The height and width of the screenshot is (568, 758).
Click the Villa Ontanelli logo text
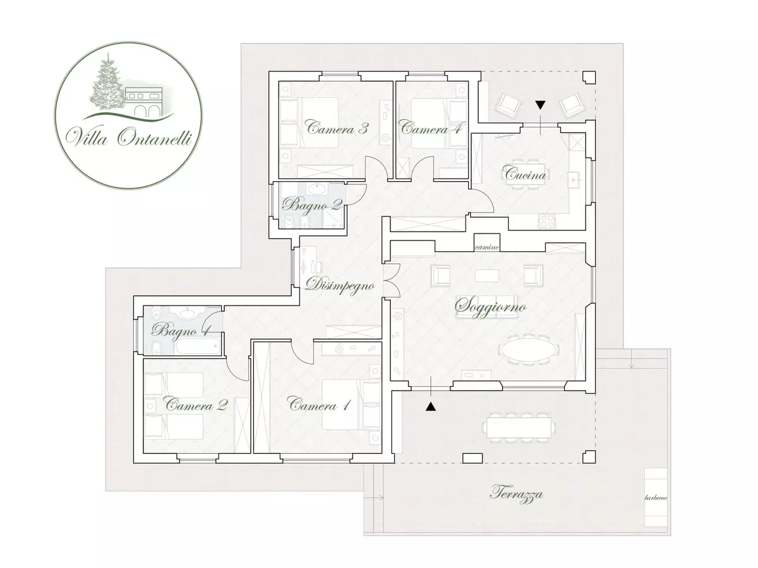(128, 137)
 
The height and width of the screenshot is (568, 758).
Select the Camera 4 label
(431, 129)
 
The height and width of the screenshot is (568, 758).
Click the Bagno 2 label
(312, 206)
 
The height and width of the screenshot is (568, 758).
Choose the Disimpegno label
(340, 285)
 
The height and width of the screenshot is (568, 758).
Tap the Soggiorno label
(491, 307)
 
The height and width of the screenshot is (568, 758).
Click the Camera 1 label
(320, 404)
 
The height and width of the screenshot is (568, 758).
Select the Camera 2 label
(196, 404)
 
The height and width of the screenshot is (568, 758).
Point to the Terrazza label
(516, 494)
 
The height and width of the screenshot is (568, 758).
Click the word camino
(487, 247)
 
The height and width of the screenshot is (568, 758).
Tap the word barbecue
(656, 498)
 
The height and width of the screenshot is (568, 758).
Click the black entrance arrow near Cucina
(541, 105)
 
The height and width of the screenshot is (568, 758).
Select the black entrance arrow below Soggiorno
(431, 406)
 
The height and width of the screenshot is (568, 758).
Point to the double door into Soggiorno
(392, 280)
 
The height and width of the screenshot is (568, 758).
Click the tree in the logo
(105, 84)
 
